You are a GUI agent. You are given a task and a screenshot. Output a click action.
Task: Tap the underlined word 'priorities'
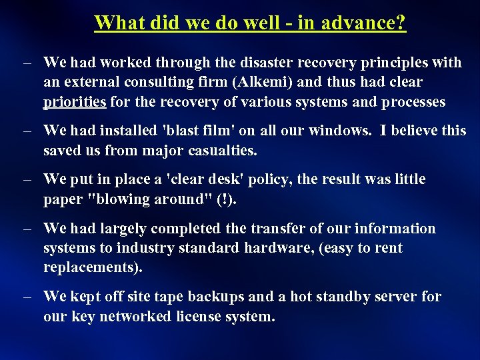point(75,102)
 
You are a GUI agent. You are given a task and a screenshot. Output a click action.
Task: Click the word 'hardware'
point(289,249)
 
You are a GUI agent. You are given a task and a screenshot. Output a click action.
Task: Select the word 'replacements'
point(91,268)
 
